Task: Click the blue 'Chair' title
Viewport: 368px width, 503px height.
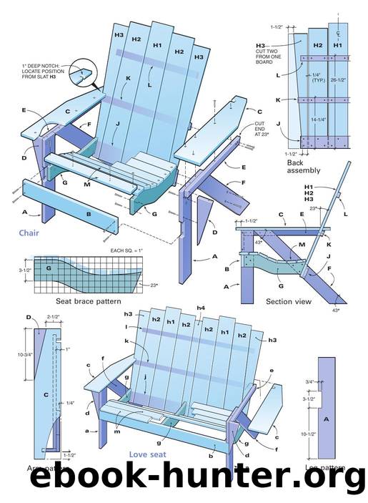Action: [x=29, y=233]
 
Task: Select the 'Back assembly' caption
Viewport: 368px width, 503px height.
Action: [x=303, y=167]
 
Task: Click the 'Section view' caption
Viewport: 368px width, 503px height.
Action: [x=288, y=301]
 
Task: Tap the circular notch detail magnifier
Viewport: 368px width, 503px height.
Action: [x=86, y=72]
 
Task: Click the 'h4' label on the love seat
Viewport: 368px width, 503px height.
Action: [x=201, y=308]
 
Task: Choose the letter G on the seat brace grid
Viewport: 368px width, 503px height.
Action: [x=50, y=268]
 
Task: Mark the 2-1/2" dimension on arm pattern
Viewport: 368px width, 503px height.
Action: [x=53, y=316]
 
